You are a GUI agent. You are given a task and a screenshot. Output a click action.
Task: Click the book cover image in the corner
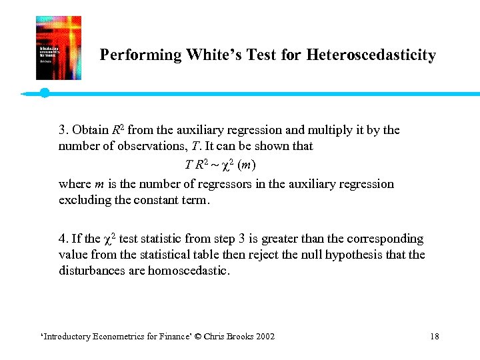pyautogui.click(x=59, y=48)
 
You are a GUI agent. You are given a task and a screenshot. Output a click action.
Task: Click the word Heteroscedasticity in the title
pyautogui.click(x=371, y=55)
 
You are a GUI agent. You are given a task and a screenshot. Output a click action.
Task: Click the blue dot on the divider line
pyautogui.click(x=45, y=93)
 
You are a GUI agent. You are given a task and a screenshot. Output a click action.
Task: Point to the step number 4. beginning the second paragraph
pyautogui.click(x=63, y=239)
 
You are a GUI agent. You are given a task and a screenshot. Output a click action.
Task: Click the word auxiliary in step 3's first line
pyautogui.click(x=227, y=129)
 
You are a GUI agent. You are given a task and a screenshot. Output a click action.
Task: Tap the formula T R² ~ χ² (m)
pyautogui.click(x=220, y=164)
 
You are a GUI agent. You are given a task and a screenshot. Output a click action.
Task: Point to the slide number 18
pyautogui.click(x=435, y=336)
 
